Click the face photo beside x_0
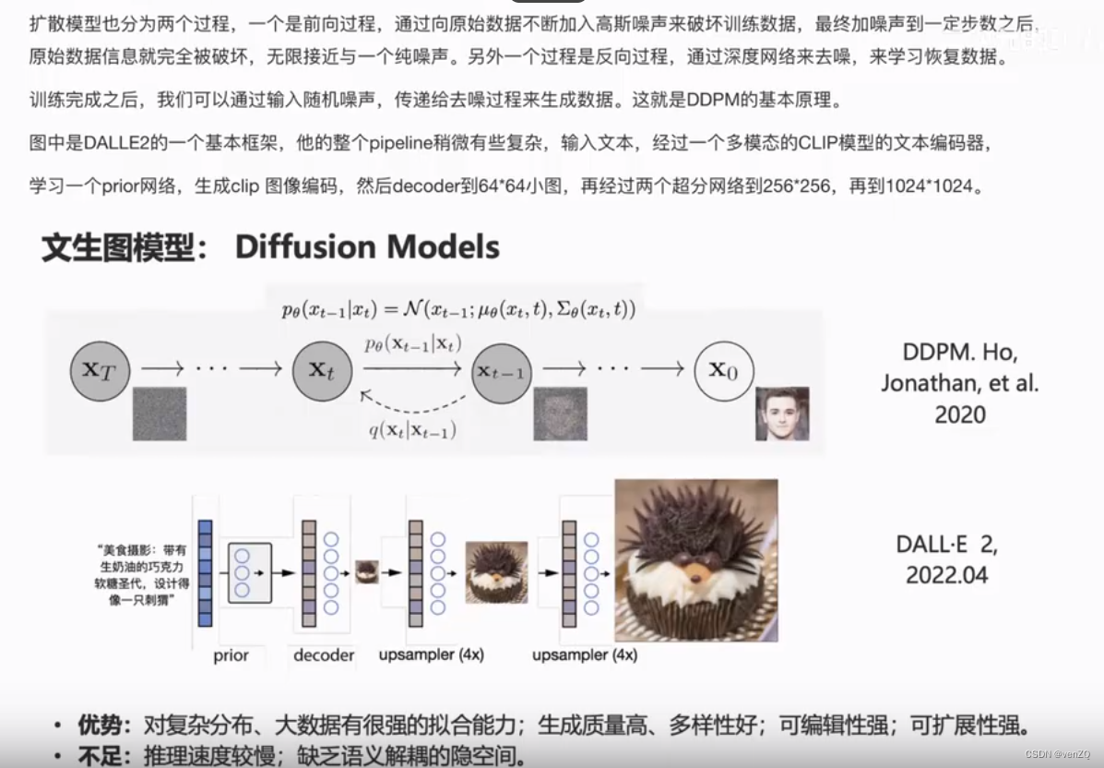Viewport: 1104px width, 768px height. [782, 413]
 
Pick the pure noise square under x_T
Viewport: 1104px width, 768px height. [160, 414]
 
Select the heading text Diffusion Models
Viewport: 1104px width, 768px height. [367, 247]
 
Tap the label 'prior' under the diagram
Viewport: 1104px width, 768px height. [231, 655]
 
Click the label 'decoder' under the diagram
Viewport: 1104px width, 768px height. [324, 655]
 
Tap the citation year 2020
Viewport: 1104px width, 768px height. [960, 414]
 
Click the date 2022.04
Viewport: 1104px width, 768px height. [946, 575]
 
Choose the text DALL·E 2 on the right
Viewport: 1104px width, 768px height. [946, 544]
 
